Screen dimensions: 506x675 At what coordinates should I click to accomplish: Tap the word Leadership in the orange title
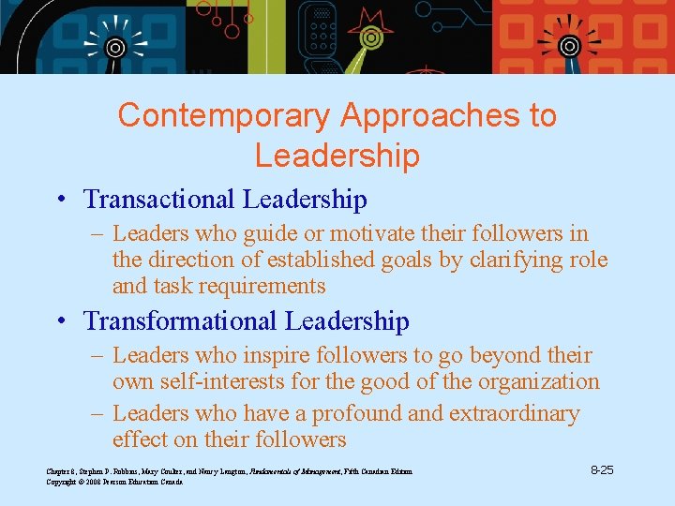pyautogui.click(x=337, y=156)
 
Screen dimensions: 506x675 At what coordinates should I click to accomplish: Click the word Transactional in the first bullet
pyautogui.click(x=159, y=200)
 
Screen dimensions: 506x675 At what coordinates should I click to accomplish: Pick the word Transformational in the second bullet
pyautogui.click(x=181, y=321)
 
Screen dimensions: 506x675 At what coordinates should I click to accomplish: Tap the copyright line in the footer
pyautogui.click(x=114, y=482)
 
